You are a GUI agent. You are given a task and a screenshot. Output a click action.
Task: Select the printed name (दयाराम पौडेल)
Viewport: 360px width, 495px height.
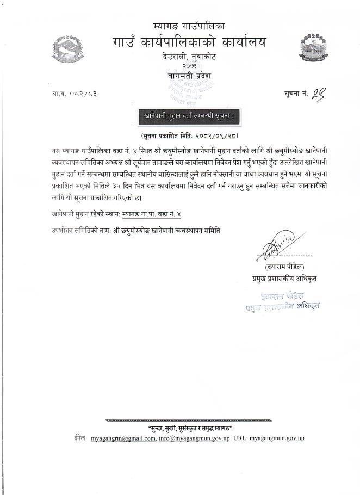284,267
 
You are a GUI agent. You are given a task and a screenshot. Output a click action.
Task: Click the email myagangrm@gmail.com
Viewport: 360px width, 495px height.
123,438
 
